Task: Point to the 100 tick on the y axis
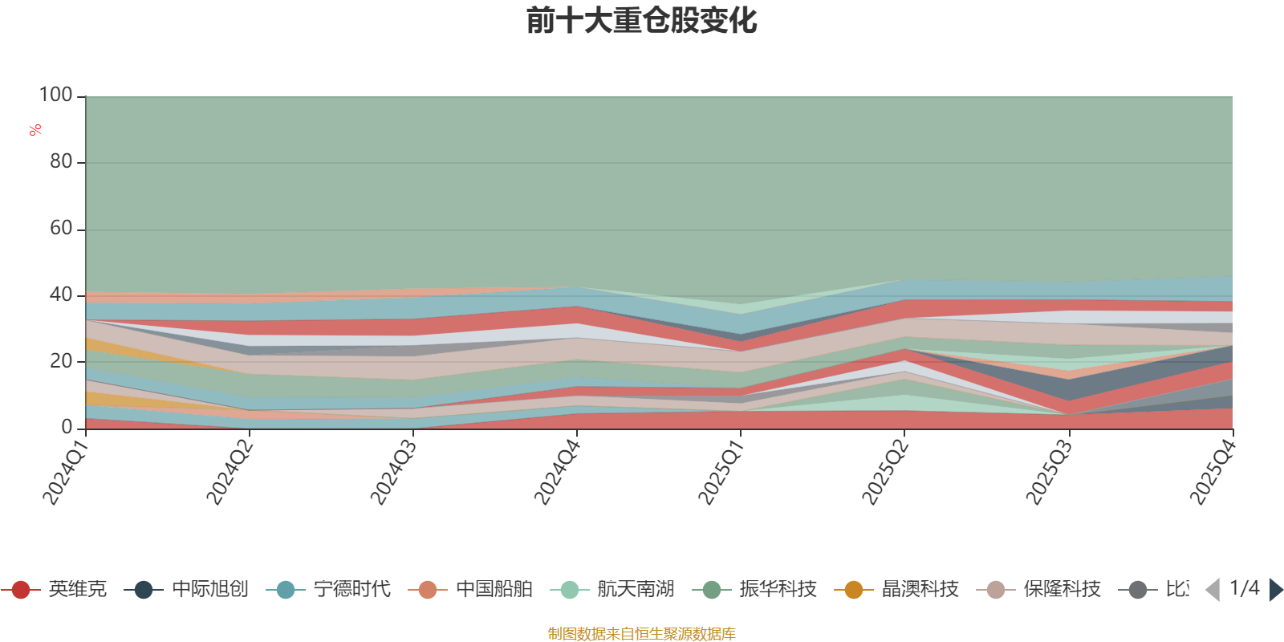click(x=56, y=95)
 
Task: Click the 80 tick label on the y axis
click(x=61, y=162)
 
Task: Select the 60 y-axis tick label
click(x=61, y=229)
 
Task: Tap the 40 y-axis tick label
click(x=61, y=295)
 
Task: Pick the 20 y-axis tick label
click(x=61, y=362)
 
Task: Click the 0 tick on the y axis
click(x=67, y=428)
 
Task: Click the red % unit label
click(x=35, y=130)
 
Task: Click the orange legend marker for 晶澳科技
click(x=853, y=590)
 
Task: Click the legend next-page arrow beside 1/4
click(x=1275, y=590)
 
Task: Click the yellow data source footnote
click(x=642, y=634)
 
